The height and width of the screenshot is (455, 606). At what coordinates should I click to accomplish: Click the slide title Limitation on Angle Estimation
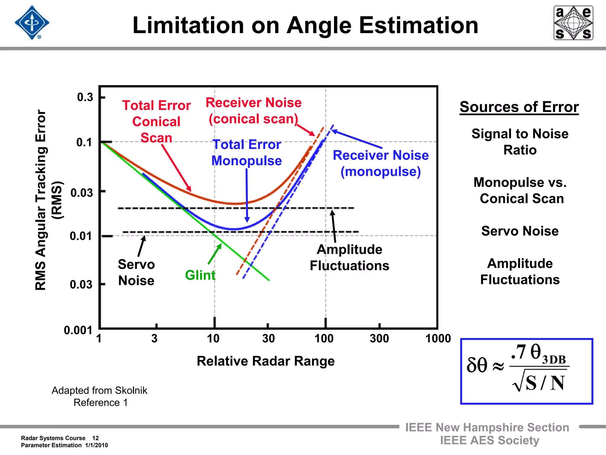click(x=305, y=25)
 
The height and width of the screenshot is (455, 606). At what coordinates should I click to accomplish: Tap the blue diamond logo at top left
click(x=32, y=23)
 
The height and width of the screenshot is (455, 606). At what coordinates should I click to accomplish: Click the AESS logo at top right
click(x=573, y=23)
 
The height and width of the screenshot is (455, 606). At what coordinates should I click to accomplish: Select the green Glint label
click(x=200, y=275)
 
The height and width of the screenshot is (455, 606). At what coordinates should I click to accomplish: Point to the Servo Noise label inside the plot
click(x=136, y=273)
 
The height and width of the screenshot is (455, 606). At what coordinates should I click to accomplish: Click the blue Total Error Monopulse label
click(x=246, y=153)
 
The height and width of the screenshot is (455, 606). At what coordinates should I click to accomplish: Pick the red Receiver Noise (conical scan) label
click(x=254, y=111)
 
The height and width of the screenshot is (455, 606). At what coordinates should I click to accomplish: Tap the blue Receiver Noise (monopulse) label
click(x=381, y=164)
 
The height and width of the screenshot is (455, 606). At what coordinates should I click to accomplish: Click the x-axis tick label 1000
click(x=438, y=339)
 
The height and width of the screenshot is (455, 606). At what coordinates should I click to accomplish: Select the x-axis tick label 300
click(x=379, y=339)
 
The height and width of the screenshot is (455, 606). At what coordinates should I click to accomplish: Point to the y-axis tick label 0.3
click(x=85, y=97)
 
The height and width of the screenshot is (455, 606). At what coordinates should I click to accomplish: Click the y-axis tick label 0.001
click(x=78, y=330)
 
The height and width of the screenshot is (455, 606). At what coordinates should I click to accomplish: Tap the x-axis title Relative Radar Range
click(x=265, y=361)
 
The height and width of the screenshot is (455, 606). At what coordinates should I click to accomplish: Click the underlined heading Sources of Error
click(x=519, y=107)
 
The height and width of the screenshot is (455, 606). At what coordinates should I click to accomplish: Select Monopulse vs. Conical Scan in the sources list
click(x=520, y=190)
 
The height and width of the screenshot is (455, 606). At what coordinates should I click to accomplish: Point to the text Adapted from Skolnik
click(x=99, y=390)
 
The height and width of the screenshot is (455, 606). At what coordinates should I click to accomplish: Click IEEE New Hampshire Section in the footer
click(x=487, y=427)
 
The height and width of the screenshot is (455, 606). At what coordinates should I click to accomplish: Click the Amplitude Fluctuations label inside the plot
click(x=349, y=258)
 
